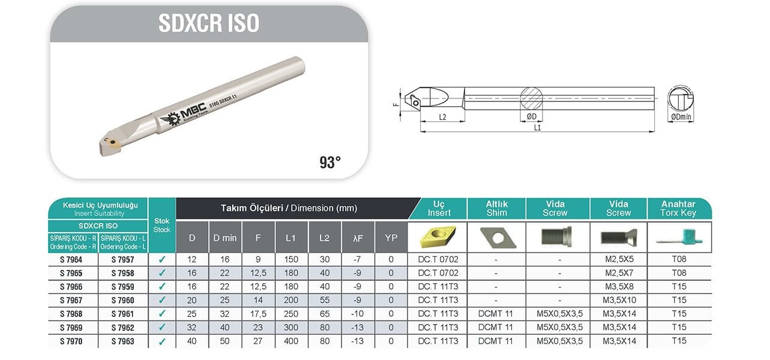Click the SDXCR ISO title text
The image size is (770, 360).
[209, 23]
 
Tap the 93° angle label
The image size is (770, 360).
[330, 163]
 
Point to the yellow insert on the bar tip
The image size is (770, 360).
[113, 143]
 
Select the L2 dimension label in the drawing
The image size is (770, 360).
[442, 117]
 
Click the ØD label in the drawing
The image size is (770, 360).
[531, 117]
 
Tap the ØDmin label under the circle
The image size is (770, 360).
[681, 117]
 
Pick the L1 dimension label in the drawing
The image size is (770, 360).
[537, 128]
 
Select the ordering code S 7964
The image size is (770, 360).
[71, 260]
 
